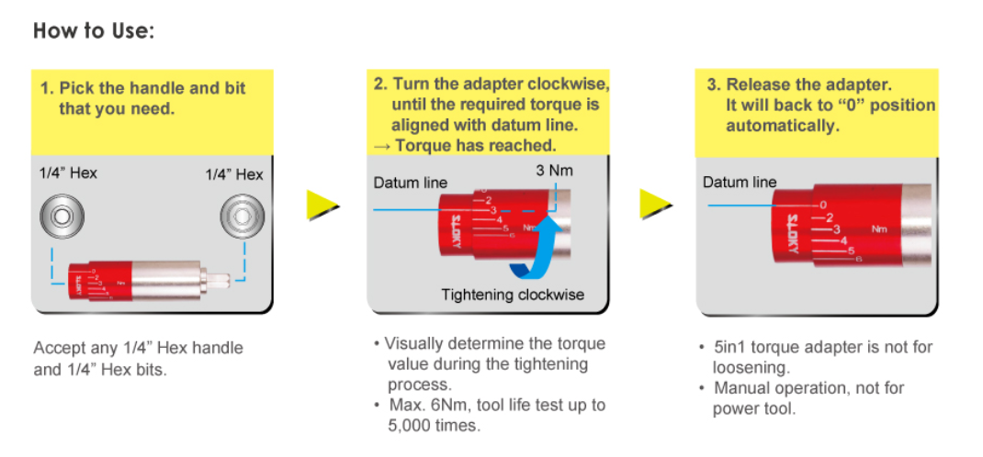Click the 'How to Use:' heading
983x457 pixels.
pos(94,30)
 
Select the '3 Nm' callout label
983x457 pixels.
pos(554,171)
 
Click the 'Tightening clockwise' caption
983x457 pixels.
pos(513,295)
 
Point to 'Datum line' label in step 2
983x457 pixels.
pos(410,183)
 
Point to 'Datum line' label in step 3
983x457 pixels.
pos(739,182)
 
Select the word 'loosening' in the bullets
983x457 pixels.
pos(751,367)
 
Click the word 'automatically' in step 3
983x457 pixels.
pos(783,126)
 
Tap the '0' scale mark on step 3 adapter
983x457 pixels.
pos(822,205)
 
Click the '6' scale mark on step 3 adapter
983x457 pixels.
pos(858,260)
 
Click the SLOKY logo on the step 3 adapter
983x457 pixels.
pos(793,233)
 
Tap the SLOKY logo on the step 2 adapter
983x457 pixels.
pos(458,228)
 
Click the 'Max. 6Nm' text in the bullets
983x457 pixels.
pos(419,405)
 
